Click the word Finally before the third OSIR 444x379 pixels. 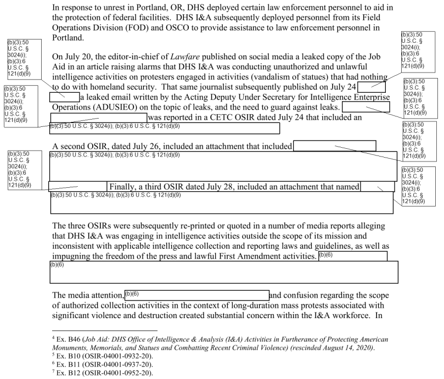125,186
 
